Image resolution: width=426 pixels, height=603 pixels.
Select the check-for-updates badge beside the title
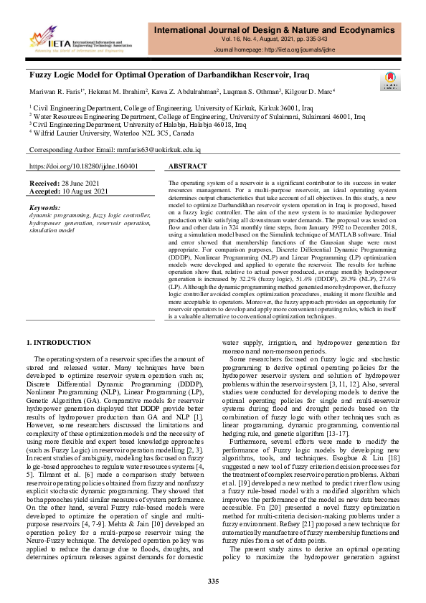point(392,80)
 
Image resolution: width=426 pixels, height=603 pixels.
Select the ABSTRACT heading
point(187,166)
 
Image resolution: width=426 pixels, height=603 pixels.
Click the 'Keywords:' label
point(44,208)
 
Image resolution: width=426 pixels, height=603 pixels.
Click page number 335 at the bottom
point(213,580)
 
